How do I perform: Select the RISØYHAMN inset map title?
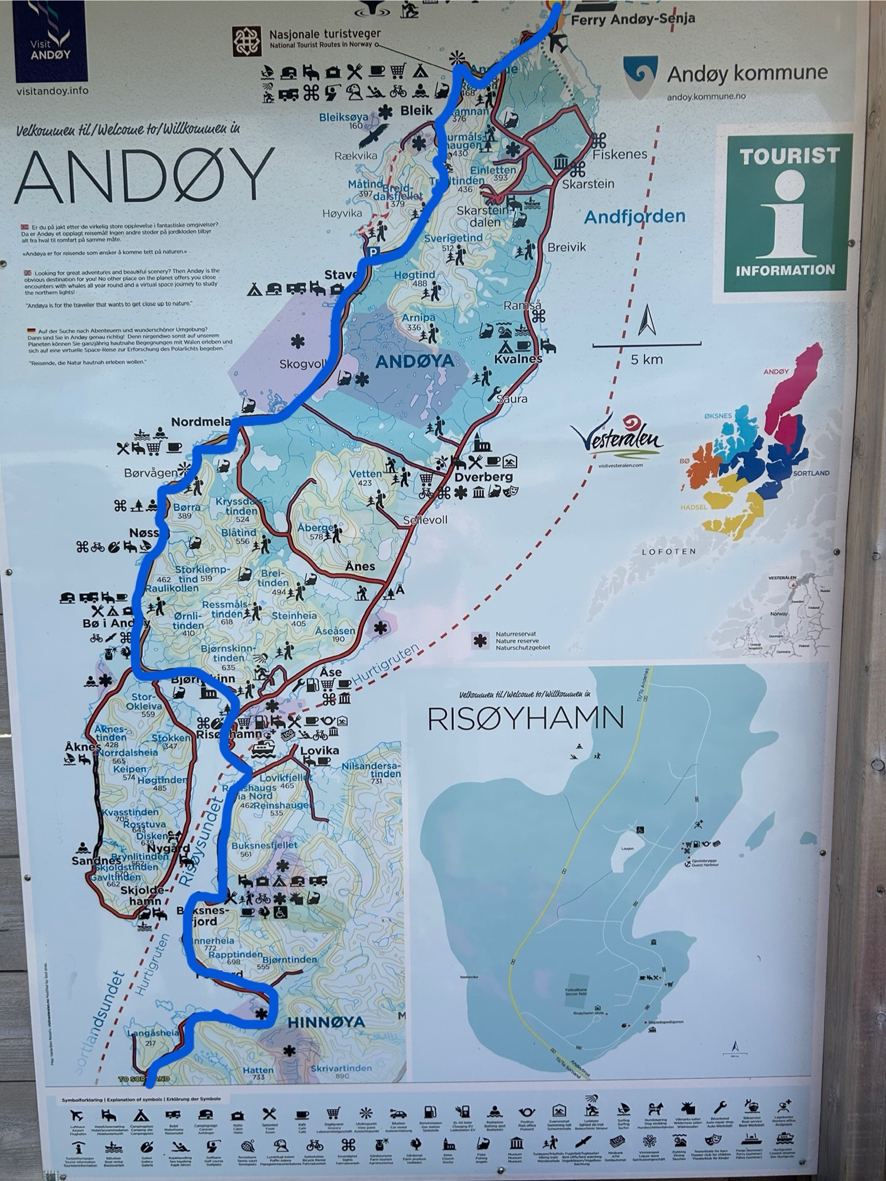click(525, 719)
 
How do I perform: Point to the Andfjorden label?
click(635, 217)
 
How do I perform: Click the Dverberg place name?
click(483, 477)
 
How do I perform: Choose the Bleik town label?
click(416, 110)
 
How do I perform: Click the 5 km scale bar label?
click(646, 359)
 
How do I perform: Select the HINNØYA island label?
click(326, 1022)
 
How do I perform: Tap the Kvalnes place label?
click(518, 358)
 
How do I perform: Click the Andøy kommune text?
click(747, 74)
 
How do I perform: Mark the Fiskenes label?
click(619, 154)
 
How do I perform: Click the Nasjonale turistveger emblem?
click(247, 41)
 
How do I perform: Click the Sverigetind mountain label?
click(453, 238)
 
